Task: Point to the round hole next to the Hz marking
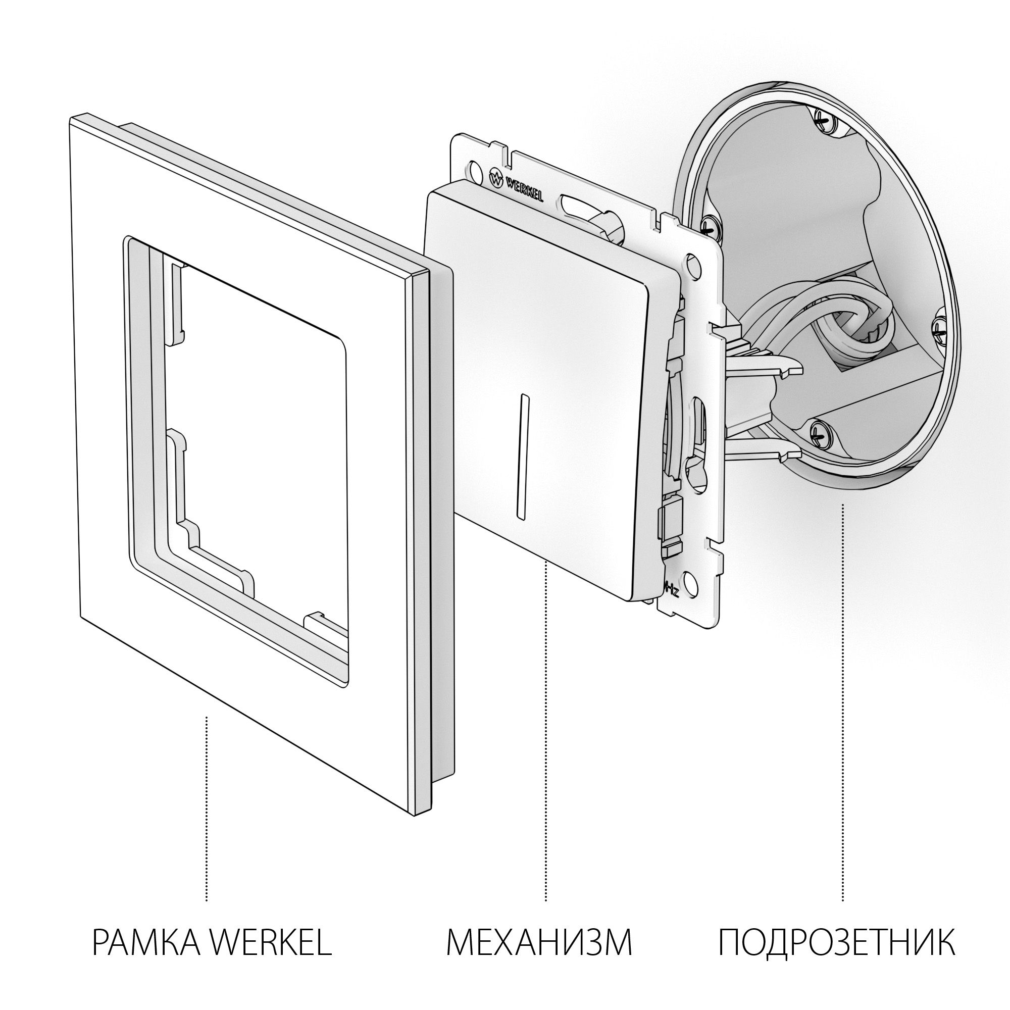(691, 582)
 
